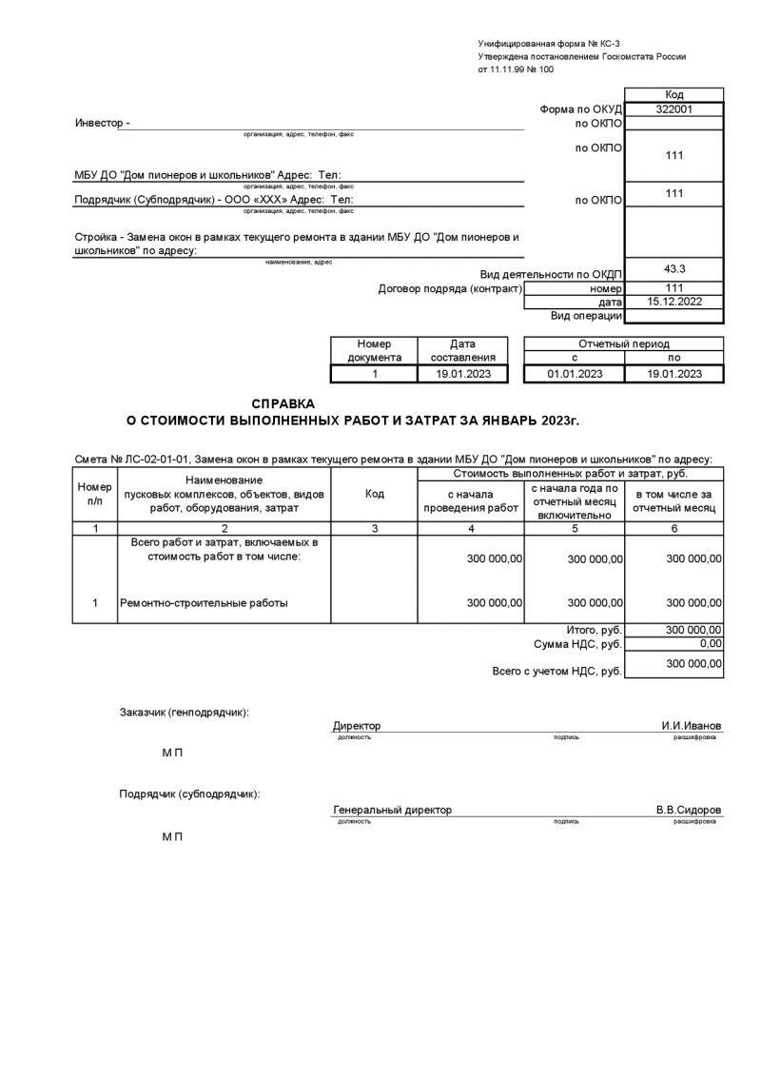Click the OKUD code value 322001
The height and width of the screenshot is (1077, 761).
click(673, 109)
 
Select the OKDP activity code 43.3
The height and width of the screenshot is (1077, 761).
click(673, 269)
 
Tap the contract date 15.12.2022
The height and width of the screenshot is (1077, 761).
click(673, 301)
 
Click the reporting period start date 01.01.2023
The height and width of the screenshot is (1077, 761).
click(575, 374)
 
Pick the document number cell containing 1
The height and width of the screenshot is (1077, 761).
click(375, 374)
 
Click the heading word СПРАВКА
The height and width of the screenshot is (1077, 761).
click(283, 403)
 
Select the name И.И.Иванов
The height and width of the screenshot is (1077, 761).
click(692, 726)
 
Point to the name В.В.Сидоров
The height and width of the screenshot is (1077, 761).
click(688, 810)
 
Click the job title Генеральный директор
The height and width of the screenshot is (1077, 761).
click(392, 810)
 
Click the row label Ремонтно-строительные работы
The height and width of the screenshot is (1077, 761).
click(204, 602)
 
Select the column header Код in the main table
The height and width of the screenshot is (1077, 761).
click(374, 494)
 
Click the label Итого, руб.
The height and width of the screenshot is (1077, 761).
click(594, 630)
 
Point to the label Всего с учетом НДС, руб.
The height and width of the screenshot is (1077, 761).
click(556, 671)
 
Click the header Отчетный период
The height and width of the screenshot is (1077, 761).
click(623, 343)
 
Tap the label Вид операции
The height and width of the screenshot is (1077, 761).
click(586, 315)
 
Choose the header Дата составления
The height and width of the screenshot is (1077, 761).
click(462, 350)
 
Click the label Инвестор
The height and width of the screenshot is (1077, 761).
click(101, 123)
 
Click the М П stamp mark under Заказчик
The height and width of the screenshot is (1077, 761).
click(172, 753)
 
